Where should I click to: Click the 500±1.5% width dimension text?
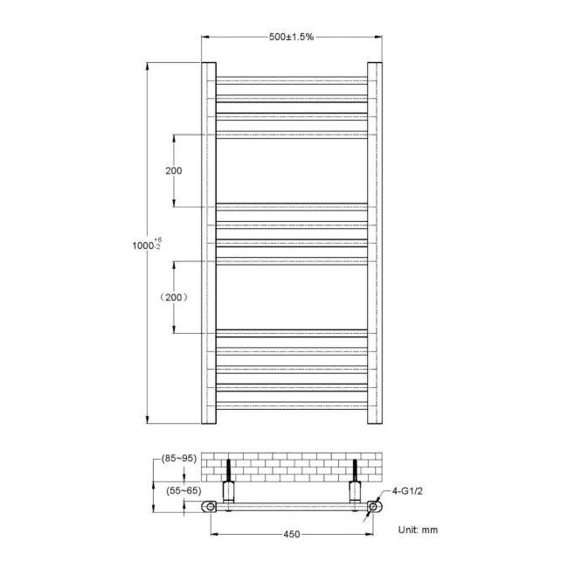pos(292,37)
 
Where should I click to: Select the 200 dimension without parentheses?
pos(174,170)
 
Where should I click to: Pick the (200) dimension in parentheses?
pos(174,297)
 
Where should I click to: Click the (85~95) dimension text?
pos(178,457)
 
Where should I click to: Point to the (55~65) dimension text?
pos(184,492)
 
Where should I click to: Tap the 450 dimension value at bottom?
pos(291,533)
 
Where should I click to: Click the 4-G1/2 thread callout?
pos(407,492)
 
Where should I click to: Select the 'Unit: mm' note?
pos(418,530)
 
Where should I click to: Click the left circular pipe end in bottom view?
pos(210,507)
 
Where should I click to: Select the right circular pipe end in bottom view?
pos(373,507)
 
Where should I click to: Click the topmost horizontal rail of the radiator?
pos(291,79)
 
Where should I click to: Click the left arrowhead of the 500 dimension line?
pos(205,37)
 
